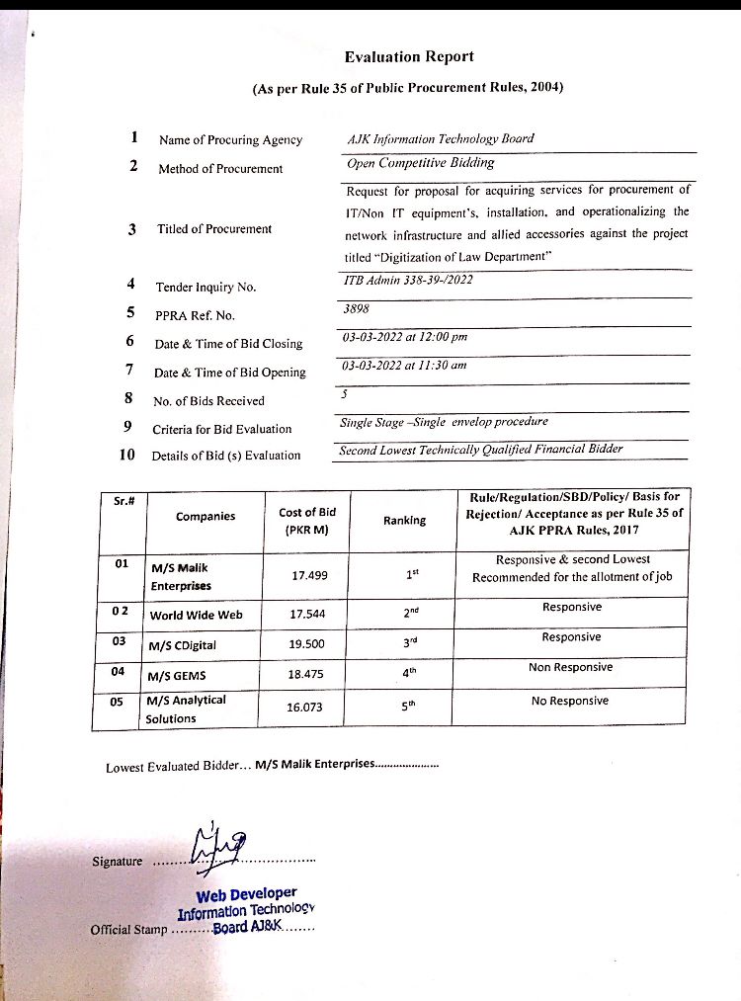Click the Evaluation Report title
point(409,57)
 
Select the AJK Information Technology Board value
point(441,138)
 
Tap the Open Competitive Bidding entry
point(420,163)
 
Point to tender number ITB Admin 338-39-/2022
point(408,281)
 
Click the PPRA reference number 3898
point(353,308)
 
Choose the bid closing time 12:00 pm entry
point(419,337)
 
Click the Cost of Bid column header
point(306,520)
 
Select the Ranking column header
point(404,521)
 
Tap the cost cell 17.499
point(308,576)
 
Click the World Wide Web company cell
point(196,615)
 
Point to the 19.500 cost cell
point(307,644)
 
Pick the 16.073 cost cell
point(306,708)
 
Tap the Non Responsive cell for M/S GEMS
point(570,668)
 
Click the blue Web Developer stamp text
point(246,895)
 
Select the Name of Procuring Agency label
point(230,140)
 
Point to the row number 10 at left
point(127,456)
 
